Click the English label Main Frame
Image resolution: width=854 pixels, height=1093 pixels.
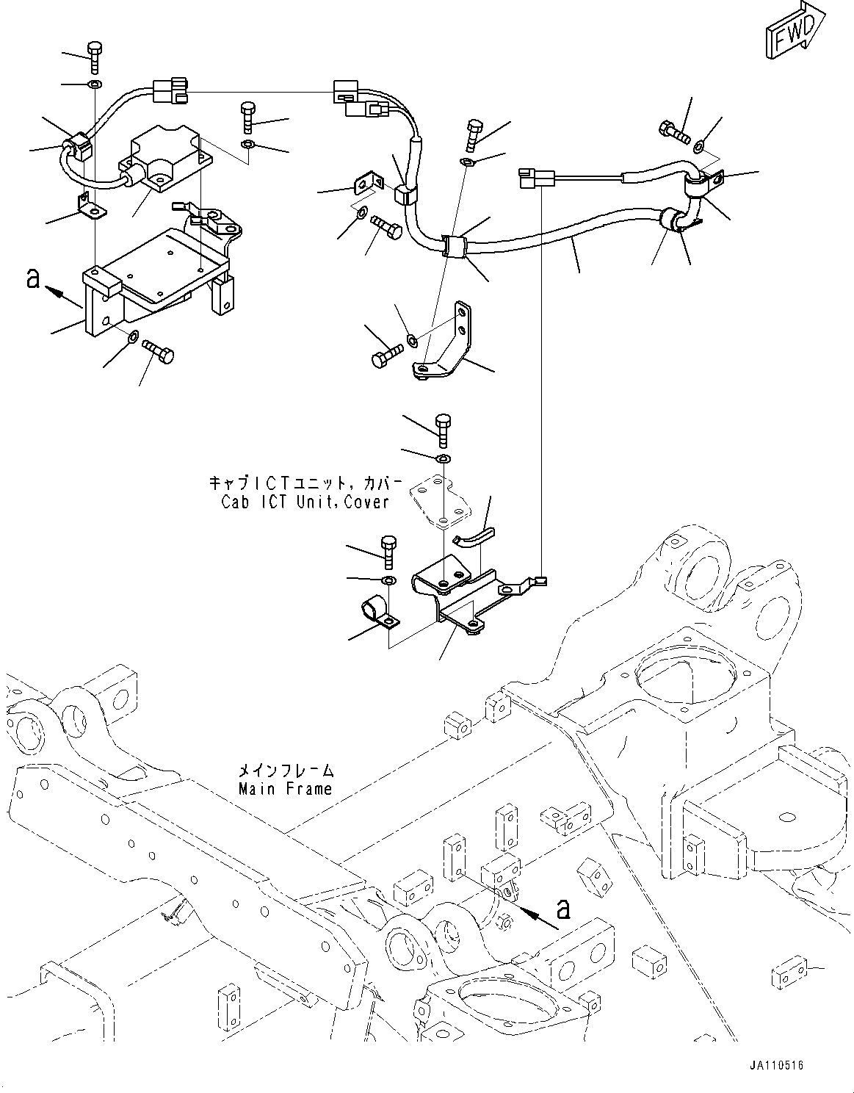(x=285, y=789)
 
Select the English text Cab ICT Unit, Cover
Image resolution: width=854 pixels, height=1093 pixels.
(x=305, y=502)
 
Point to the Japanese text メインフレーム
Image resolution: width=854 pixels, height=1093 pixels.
(x=286, y=771)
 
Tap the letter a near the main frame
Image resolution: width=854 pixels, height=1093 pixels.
(x=562, y=909)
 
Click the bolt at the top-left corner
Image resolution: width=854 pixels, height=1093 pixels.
(x=95, y=57)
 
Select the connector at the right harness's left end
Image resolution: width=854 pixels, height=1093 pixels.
(x=530, y=177)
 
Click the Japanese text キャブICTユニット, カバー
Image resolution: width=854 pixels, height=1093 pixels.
(x=305, y=483)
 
